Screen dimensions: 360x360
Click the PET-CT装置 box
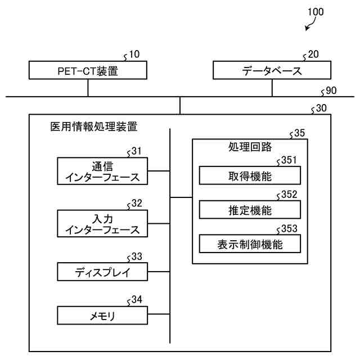(88, 70)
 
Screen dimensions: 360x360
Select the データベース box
(272, 70)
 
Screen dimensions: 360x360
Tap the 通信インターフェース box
(102, 171)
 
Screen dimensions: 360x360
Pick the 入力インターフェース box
(102, 223)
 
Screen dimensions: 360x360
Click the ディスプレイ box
(102, 272)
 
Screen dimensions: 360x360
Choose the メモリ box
(102, 315)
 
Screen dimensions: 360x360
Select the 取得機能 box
(250, 175)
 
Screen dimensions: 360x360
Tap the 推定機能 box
(250, 210)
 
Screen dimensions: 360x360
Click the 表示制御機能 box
(250, 244)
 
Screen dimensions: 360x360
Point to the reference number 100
(316, 12)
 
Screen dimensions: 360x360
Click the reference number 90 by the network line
(331, 91)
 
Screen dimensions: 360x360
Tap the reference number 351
(289, 160)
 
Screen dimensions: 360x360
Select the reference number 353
(289, 229)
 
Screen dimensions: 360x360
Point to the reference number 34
(137, 300)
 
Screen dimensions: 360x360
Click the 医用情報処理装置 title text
(94, 127)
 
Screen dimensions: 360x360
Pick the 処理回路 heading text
(250, 147)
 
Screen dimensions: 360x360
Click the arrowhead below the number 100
(307, 29)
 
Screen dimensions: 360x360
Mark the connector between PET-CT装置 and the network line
(88, 88)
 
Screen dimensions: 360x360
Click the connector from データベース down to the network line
(272, 88)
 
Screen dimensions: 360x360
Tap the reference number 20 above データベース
(313, 55)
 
